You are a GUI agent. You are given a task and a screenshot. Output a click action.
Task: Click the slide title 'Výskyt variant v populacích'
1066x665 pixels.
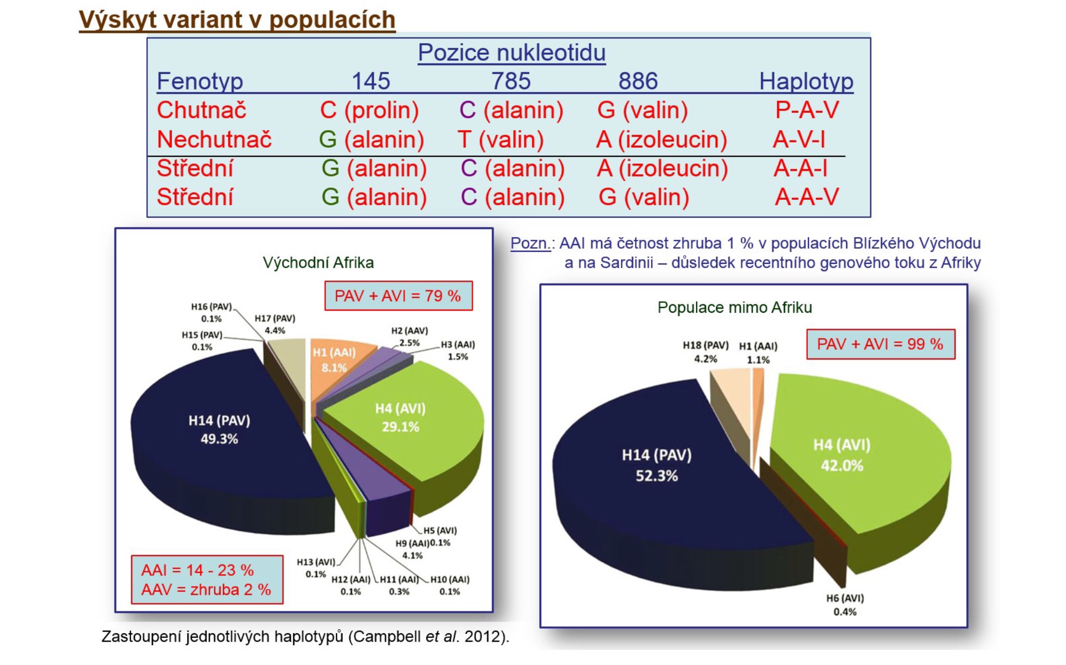237,20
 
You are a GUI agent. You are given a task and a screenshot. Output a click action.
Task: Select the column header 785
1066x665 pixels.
511,81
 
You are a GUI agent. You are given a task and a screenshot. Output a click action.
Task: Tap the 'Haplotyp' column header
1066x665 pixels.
806,81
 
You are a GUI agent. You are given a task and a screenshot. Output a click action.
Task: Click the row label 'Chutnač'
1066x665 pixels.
201,110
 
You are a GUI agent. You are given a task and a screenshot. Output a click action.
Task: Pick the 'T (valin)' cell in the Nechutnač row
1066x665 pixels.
500,139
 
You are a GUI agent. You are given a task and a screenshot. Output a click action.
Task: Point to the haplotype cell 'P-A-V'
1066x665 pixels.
806,110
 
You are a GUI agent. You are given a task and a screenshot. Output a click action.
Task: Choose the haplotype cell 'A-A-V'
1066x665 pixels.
806,197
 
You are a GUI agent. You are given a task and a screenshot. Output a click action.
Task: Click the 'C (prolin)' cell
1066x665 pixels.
369,110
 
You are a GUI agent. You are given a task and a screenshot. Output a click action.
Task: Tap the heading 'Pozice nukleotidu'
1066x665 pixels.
511,53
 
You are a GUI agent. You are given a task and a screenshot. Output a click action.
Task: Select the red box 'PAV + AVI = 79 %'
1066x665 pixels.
398,296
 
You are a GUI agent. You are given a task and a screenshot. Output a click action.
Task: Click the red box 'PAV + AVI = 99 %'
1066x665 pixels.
880,344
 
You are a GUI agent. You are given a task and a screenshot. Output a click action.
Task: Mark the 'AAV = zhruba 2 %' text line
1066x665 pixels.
206,590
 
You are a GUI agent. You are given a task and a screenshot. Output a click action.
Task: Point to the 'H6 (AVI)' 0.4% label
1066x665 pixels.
845,605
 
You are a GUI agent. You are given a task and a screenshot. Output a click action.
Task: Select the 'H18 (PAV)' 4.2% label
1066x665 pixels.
705,352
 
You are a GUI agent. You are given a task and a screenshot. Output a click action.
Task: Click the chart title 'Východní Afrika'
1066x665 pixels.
318,263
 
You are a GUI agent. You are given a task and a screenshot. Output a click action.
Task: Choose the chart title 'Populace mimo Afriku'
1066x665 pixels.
734,308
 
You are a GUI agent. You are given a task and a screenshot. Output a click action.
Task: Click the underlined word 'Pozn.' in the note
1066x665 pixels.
530,244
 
